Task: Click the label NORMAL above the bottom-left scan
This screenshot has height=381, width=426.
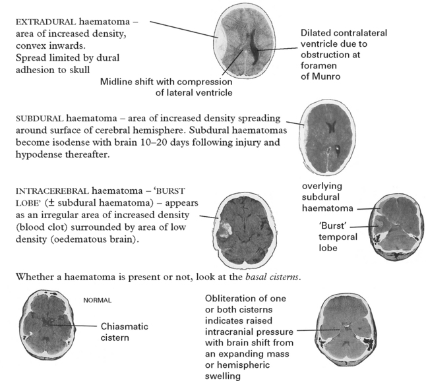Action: tap(97, 300)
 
